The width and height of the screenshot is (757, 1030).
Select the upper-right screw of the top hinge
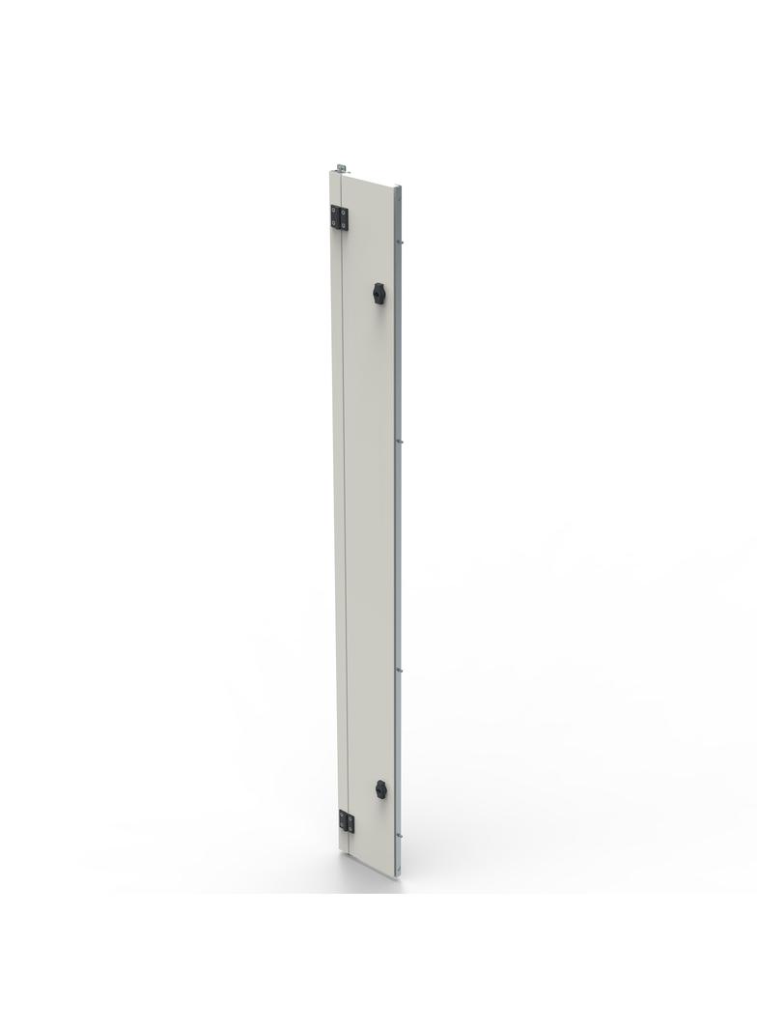(344, 212)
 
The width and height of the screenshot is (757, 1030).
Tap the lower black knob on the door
(380, 788)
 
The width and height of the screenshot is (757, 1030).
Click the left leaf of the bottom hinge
(343, 821)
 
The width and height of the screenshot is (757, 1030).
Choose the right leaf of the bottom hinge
(350, 824)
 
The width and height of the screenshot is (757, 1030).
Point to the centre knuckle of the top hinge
(340, 219)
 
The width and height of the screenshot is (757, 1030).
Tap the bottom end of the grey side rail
(398, 874)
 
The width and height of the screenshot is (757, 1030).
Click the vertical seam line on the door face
(344, 531)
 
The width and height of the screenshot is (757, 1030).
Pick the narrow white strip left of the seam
(337, 531)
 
